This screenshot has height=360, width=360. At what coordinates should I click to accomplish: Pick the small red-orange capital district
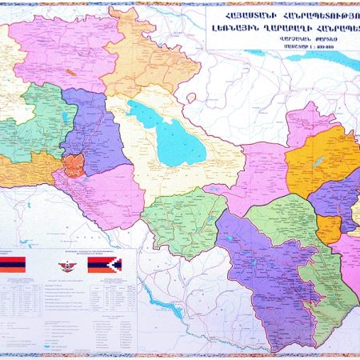tap(74, 166)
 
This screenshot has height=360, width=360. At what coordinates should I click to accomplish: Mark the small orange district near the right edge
tap(329, 230)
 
